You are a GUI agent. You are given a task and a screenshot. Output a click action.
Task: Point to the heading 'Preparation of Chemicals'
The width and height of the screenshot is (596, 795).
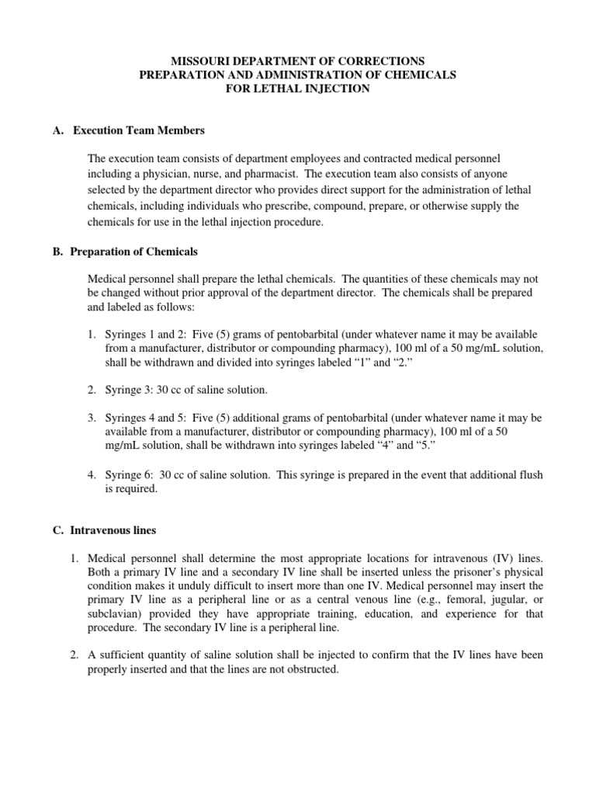click(x=134, y=252)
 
